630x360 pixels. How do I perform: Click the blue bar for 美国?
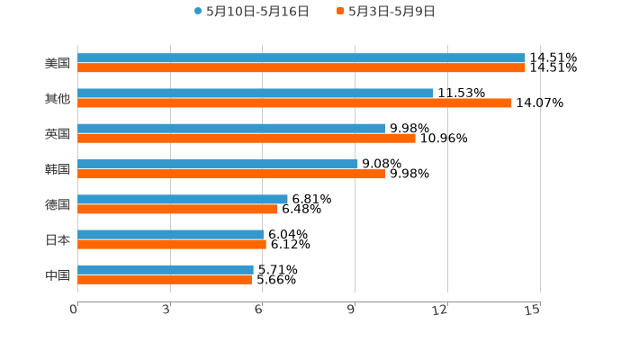[301, 58]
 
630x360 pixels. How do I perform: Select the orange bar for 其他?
[294, 103]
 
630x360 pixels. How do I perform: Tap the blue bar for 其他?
[256, 93]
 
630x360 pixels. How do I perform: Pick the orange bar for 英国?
[247, 139]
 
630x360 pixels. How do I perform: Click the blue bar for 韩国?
[218, 164]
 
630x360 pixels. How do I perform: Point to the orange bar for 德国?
[177, 210]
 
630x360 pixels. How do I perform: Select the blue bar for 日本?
[170, 234]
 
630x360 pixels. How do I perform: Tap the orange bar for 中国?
[165, 280]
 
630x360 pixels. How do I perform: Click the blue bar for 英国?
[231, 128]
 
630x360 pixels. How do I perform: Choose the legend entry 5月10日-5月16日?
[251, 12]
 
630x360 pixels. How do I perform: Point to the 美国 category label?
[57, 64]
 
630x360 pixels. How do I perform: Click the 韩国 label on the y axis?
[57, 169]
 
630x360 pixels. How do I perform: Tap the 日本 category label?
[57, 240]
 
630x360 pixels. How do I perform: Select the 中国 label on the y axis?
[57, 275]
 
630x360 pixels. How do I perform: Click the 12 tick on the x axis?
[441, 310]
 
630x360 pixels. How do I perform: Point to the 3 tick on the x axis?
[166, 310]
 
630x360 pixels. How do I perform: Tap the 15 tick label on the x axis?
[533, 310]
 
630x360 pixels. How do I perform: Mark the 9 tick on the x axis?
[352, 310]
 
